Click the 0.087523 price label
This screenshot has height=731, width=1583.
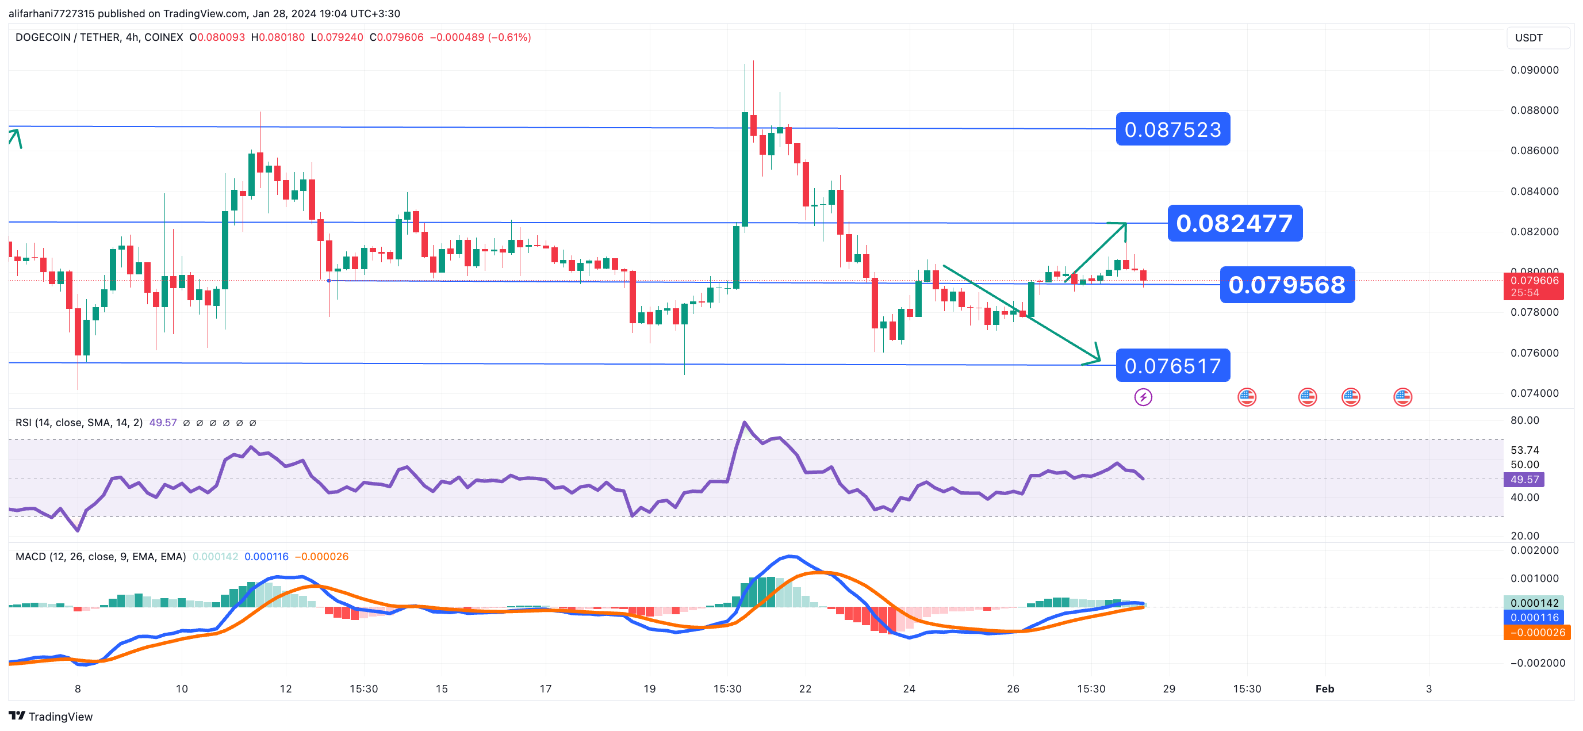[x=1172, y=129]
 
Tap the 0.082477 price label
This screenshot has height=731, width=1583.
[x=1234, y=223]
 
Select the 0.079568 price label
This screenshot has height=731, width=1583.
[x=1287, y=285]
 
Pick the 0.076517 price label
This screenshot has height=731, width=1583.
[x=1172, y=366]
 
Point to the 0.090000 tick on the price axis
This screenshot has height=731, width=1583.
[x=1534, y=70]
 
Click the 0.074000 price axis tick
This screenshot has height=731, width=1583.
[x=1534, y=393]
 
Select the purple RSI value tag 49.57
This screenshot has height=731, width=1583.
[x=1524, y=480]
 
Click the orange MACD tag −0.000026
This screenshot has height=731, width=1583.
[x=1536, y=633]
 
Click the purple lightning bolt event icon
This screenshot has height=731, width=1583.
[x=1143, y=397]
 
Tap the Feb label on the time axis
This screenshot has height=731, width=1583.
[x=1324, y=688]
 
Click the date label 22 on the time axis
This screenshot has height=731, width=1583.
[x=805, y=688]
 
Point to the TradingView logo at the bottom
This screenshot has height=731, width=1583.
[x=51, y=716]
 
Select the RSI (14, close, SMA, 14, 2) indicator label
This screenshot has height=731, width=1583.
[x=79, y=423]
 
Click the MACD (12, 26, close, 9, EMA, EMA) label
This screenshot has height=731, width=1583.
[x=100, y=556]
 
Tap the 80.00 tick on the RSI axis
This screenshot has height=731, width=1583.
[x=1524, y=420]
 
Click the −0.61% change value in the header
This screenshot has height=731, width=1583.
[x=509, y=37]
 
